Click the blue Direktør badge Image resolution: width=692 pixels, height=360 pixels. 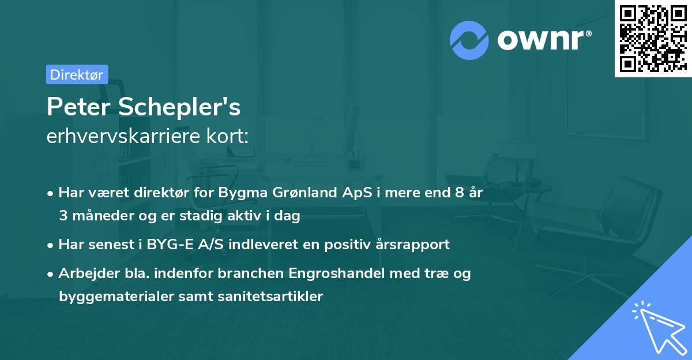[x=77, y=74]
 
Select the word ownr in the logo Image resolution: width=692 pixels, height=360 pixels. [x=540, y=39]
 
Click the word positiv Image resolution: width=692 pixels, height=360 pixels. [x=351, y=244]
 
